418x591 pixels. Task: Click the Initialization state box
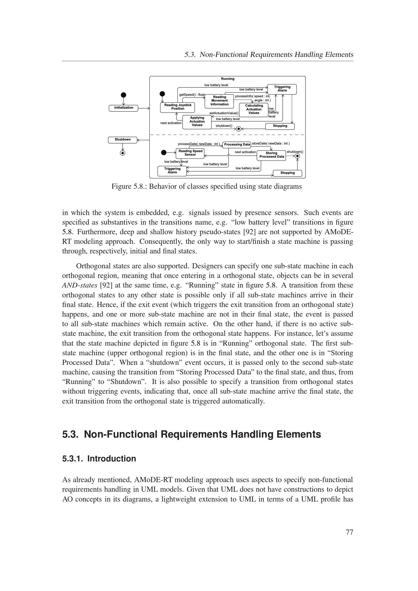pos(124,108)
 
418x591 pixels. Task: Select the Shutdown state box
pos(123,140)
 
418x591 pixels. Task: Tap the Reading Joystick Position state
pos(178,107)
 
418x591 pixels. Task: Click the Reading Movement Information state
pos(219,101)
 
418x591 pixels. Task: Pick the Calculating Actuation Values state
pos(254,109)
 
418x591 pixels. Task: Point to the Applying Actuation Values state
pos(197,122)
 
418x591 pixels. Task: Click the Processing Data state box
pos(237,145)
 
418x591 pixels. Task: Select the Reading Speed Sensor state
pos(190,153)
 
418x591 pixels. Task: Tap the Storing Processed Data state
pos(271,155)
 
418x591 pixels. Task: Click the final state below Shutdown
pos(123,153)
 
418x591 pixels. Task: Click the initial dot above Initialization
pos(124,95)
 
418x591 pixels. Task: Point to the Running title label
pos(228,79)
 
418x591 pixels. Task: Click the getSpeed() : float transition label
pos(192,95)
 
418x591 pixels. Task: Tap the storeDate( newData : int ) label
pos(271,144)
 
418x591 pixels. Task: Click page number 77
pos(349,532)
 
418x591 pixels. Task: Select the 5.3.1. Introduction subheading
pos(99,459)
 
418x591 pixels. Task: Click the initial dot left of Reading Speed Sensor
pos(164,153)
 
